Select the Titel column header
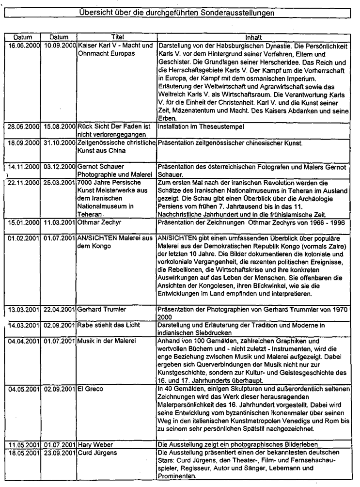(x=118, y=37)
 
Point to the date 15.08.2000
(x=60, y=126)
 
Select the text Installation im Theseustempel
(x=196, y=126)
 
